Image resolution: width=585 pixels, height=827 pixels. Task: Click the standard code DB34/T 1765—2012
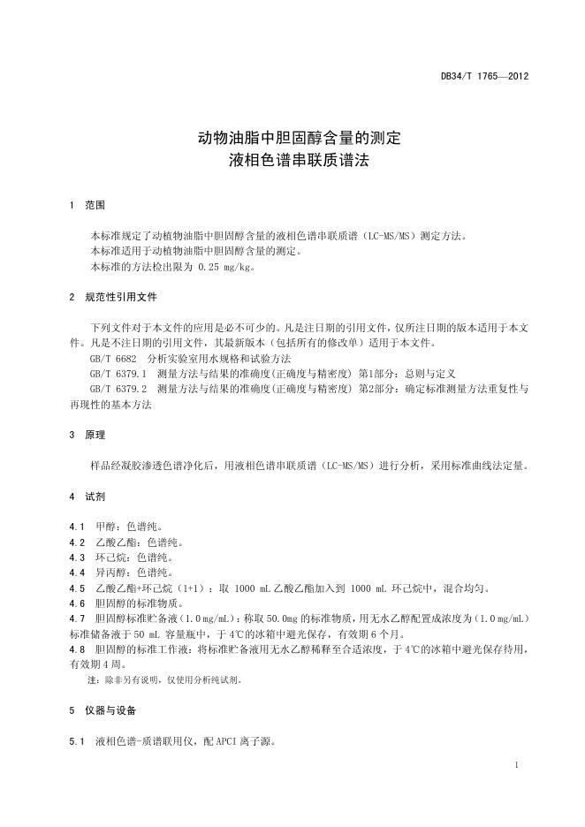tap(484, 77)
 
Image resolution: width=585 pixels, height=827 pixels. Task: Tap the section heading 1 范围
tap(87, 205)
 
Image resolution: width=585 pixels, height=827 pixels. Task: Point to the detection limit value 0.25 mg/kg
tap(225, 266)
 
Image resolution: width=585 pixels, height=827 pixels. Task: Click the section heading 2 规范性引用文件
tap(114, 297)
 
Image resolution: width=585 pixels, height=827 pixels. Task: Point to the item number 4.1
tap(77, 527)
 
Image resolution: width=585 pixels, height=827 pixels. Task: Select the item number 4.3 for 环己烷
tap(77, 558)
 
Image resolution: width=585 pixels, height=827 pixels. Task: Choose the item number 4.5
tap(77, 588)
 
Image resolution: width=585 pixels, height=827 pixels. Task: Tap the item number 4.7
tap(77, 618)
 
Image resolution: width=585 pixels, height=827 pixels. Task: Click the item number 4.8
tap(77, 649)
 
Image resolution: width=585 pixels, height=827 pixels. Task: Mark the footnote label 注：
tap(94, 680)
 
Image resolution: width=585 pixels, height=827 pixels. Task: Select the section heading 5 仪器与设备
tap(109, 710)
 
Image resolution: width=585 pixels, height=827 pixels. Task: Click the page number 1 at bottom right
tap(516, 766)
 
